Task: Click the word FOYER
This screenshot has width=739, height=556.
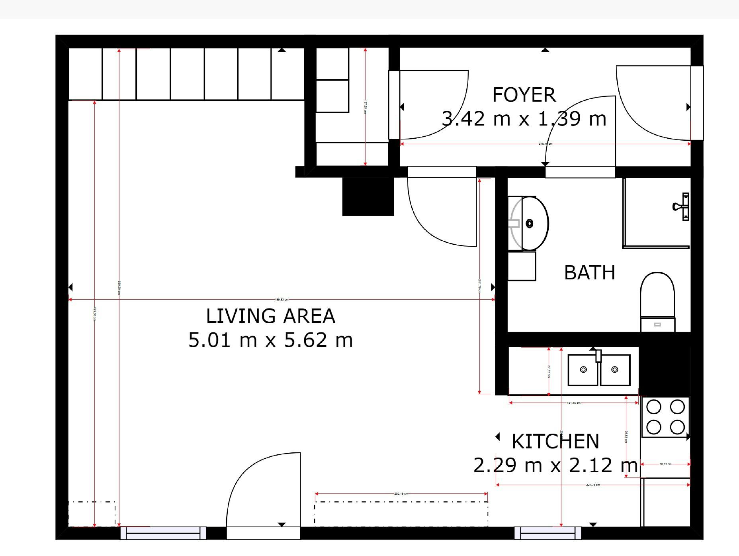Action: point(524,95)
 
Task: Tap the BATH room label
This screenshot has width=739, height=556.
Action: point(589,273)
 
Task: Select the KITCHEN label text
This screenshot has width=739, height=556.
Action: point(555,441)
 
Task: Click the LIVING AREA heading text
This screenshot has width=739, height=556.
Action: point(270,316)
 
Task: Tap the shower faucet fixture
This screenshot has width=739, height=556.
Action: point(681,206)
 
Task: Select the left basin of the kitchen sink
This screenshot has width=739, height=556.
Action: point(583,370)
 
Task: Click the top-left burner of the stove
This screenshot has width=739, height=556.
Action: point(654,407)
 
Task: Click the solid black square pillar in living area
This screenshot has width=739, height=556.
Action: point(368,196)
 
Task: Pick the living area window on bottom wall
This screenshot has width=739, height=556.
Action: point(163,533)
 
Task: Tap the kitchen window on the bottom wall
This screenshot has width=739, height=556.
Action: point(547,533)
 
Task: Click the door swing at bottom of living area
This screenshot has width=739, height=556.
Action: point(263,490)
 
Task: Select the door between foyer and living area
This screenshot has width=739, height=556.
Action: point(442,207)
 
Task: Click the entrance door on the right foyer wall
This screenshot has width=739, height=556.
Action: point(653,104)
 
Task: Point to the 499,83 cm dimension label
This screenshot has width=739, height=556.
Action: point(282,299)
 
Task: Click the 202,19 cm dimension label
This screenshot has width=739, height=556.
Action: point(401,493)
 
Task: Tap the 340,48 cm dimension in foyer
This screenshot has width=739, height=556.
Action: point(545,143)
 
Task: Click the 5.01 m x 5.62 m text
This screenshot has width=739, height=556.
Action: point(270,340)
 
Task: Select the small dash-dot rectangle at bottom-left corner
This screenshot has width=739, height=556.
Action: point(92,514)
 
